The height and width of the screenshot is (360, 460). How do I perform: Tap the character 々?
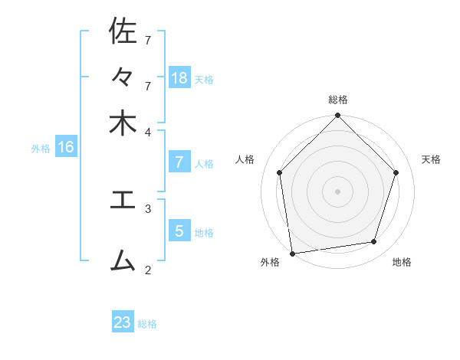123,78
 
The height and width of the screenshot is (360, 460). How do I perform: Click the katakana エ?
123,200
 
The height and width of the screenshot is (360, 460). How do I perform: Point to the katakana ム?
123,260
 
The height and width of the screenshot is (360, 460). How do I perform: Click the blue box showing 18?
179,77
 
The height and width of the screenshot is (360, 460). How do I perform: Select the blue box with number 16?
66,147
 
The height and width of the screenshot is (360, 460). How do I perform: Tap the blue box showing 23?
123,322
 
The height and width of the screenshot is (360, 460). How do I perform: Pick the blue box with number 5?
179,231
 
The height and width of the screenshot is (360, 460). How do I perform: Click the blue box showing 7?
179,162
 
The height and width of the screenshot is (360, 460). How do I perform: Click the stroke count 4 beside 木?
148,132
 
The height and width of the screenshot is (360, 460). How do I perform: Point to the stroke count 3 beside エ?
148,208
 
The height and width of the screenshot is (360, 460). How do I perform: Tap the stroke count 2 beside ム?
148,270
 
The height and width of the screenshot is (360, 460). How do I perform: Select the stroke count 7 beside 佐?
148,39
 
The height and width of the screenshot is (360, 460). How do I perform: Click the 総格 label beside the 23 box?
147,324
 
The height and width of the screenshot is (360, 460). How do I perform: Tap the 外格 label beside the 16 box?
40,149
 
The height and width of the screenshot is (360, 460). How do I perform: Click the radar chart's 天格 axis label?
431,159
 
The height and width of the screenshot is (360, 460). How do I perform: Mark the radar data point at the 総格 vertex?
337,116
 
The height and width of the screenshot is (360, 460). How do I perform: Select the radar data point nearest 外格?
292,253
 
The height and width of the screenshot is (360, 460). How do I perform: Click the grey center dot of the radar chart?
337,191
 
